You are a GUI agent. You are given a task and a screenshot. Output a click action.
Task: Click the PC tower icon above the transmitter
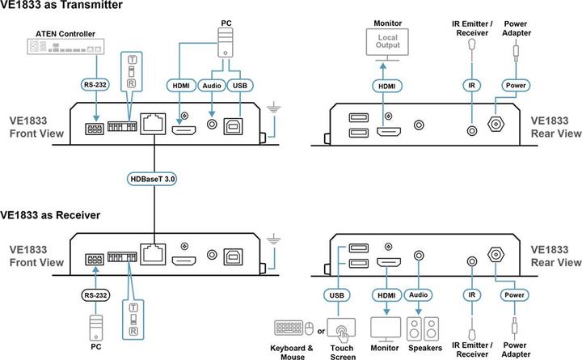(224, 37)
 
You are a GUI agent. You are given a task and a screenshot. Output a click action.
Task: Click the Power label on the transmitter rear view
(515, 84)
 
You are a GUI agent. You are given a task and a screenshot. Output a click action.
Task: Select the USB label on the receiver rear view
(338, 295)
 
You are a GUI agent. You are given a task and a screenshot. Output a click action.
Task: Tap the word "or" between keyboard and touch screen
(321, 330)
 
